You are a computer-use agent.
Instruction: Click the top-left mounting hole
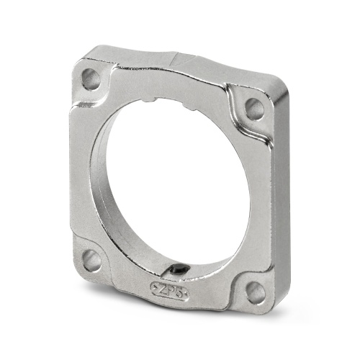91,78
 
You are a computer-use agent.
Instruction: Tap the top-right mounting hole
254,109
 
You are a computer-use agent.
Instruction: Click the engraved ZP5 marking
167,289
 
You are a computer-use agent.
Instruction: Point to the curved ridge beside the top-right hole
234,108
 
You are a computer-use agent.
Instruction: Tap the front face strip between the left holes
86,173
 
